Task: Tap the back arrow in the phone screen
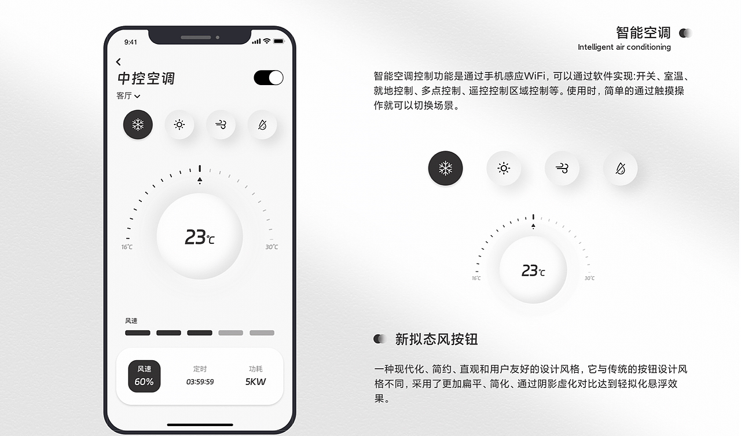(119, 62)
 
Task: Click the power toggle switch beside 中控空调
(268, 78)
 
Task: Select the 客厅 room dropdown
(129, 96)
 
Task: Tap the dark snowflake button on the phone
(138, 124)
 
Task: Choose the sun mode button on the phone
(179, 124)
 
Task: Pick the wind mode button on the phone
(221, 124)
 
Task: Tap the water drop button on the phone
(262, 124)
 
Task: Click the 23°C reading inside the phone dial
(199, 237)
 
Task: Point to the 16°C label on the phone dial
(127, 247)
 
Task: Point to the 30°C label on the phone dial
(272, 247)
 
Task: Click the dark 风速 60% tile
(144, 376)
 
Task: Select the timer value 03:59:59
(200, 382)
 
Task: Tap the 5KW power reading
(255, 382)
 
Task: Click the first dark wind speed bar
(138, 333)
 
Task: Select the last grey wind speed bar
(262, 333)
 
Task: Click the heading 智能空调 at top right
(643, 32)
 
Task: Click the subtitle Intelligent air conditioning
(624, 47)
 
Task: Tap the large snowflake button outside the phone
(445, 168)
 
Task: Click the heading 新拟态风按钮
(436, 339)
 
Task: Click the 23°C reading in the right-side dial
(533, 270)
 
